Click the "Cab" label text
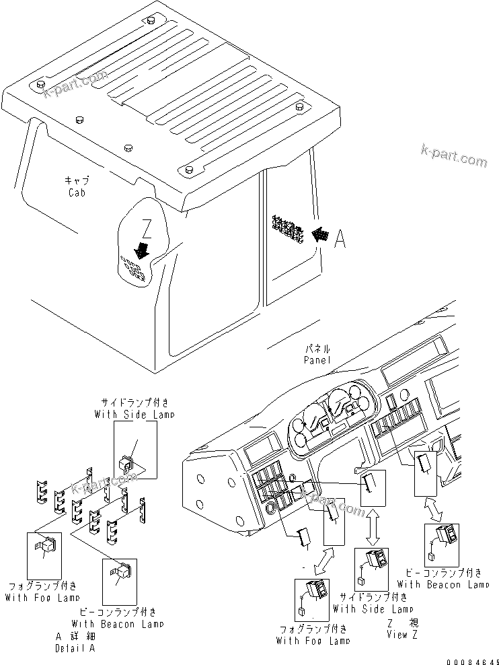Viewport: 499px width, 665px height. pos(77,193)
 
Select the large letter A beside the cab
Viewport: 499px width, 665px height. pos(341,239)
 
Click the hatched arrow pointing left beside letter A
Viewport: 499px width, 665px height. pos(320,235)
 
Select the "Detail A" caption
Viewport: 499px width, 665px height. pos(75,648)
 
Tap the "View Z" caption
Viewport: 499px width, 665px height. pos(402,635)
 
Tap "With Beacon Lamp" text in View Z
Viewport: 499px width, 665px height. pos(443,585)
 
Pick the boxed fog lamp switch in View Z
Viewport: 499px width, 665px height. pos(312,596)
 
